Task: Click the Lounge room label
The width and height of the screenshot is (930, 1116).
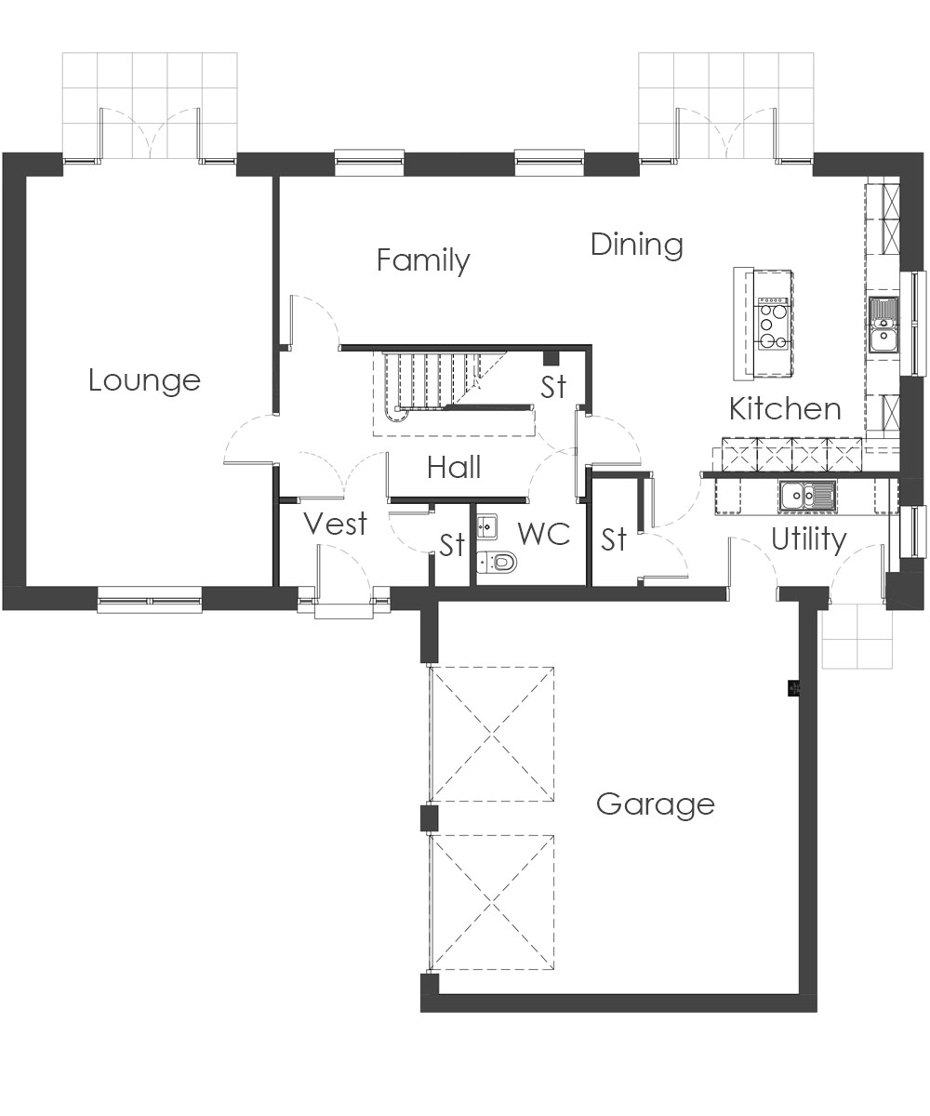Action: [144, 380]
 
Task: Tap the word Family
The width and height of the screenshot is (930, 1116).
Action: [423, 260]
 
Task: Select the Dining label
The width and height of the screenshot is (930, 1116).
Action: [636, 246]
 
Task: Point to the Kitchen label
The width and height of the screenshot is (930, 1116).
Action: [785, 409]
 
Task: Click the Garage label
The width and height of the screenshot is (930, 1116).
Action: [656, 805]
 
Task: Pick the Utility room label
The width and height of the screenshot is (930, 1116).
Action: [809, 539]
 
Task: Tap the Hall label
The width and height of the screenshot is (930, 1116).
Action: [455, 467]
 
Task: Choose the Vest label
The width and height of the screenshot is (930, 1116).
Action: [336, 524]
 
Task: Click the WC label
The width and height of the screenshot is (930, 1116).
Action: [544, 534]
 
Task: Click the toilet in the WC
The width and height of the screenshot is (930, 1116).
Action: [497, 561]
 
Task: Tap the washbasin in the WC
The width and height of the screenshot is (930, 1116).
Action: [487, 527]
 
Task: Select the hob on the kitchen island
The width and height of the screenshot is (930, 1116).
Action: [773, 324]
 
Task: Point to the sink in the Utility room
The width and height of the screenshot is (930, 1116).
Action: [807, 496]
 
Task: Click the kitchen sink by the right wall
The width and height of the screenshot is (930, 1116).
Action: [883, 325]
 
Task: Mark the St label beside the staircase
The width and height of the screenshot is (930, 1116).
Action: [552, 387]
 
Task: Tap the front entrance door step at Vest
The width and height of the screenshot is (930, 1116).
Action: [343, 611]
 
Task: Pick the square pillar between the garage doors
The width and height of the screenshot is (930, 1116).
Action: [429, 818]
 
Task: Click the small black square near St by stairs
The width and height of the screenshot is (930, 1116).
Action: [551, 357]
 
